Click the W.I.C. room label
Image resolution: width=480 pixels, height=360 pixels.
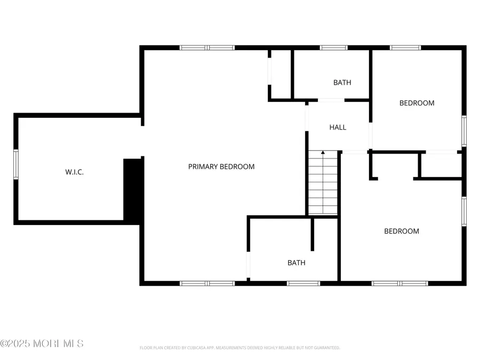pyautogui.click(x=74, y=172)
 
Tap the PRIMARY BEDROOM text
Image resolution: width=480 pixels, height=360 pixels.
pyautogui.click(x=221, y=166)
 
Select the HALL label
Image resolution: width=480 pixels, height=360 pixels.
pyautogui.click(x=338, y=127)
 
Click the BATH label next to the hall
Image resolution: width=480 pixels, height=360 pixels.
pyautogui.click(x=342, y=83)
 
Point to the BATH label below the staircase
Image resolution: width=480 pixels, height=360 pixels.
pyautogui.click(x=296, y=263)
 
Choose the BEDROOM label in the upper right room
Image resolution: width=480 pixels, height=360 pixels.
pyautogui.click(x=417, y=103)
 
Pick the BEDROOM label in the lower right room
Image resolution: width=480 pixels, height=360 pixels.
pyautogui.click(x=402, y=231)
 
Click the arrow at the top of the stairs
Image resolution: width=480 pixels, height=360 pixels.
pyautogui.click(x=323, y=154)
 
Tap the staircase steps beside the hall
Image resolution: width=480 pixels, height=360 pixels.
pyautogui.click(x=323, y=184)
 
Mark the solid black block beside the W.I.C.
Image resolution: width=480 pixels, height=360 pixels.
pyautogui.click(x=132, y=189)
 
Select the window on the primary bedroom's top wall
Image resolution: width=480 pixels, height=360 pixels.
pyautogui.click(x=207, y=47)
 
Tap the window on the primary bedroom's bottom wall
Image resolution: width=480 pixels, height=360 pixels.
pyautogui.click(x=207, y=283)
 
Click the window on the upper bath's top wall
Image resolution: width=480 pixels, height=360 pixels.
pyautogui.click(x=334, y=47)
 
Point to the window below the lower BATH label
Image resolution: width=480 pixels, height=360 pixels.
pyautogui.click(x=303, y=283)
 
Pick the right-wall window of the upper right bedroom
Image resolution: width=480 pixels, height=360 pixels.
pyautogui.click(x=464, y=131)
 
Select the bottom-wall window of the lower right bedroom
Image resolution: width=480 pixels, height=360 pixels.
pyautogui.click(x=400, y=283)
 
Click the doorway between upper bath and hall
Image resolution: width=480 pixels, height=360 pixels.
pyautogui.click(x=331, y=100)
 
